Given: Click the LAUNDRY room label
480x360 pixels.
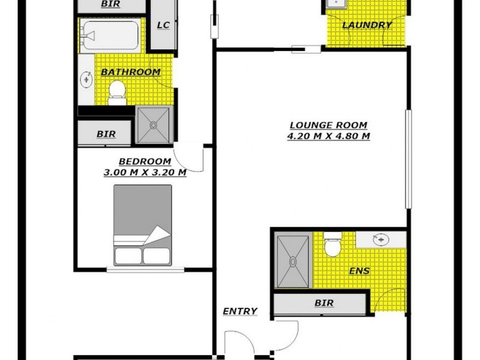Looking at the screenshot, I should (x=367, y=25).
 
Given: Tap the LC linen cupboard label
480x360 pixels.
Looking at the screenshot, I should (x=163, y=25).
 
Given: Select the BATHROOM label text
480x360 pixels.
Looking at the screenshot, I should (x=130, y=72).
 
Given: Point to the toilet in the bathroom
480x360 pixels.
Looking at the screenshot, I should (x=116, y=92).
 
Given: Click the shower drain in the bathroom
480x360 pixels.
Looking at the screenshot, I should (x=154, y=125).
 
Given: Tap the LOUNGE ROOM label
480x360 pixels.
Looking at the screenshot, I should (x=328, y=125).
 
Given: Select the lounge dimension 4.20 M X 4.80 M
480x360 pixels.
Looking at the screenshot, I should (x=328, y=136).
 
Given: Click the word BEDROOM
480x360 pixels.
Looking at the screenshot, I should (x=145, y=161).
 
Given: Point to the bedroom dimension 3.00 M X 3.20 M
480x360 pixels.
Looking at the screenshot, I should (x=145, y=172).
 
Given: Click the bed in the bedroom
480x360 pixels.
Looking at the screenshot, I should (x=143, y=225).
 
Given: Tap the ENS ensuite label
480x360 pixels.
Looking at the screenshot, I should (x=359, y=271).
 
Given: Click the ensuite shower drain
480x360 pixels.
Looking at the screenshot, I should (x=293, y=262).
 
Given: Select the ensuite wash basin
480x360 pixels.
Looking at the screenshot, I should (x=380, y=239).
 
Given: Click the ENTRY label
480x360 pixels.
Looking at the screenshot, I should (x=240, y=311).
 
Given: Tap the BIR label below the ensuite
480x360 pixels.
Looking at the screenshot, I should (x=324, y=303).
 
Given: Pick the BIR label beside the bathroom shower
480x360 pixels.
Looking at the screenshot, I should (x=106, y=134).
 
